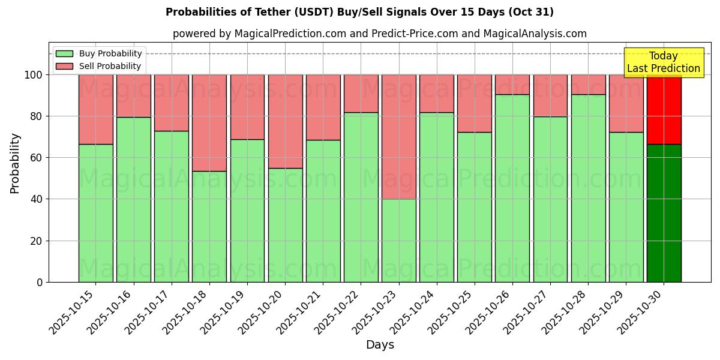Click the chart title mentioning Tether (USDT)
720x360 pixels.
coord(359,12)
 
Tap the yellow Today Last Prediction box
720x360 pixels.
coord(663,62)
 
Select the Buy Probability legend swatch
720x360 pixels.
coord(64,53)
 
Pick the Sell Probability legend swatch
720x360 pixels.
coord(64,66)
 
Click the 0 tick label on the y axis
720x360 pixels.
coord(40,282)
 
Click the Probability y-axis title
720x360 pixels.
coord(15,163)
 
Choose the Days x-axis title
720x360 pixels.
coord(380,345)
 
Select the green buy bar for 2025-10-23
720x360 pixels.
coord(398,240)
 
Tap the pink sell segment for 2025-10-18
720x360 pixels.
coord(209,122)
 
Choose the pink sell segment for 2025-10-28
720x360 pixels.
coord(588,84)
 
